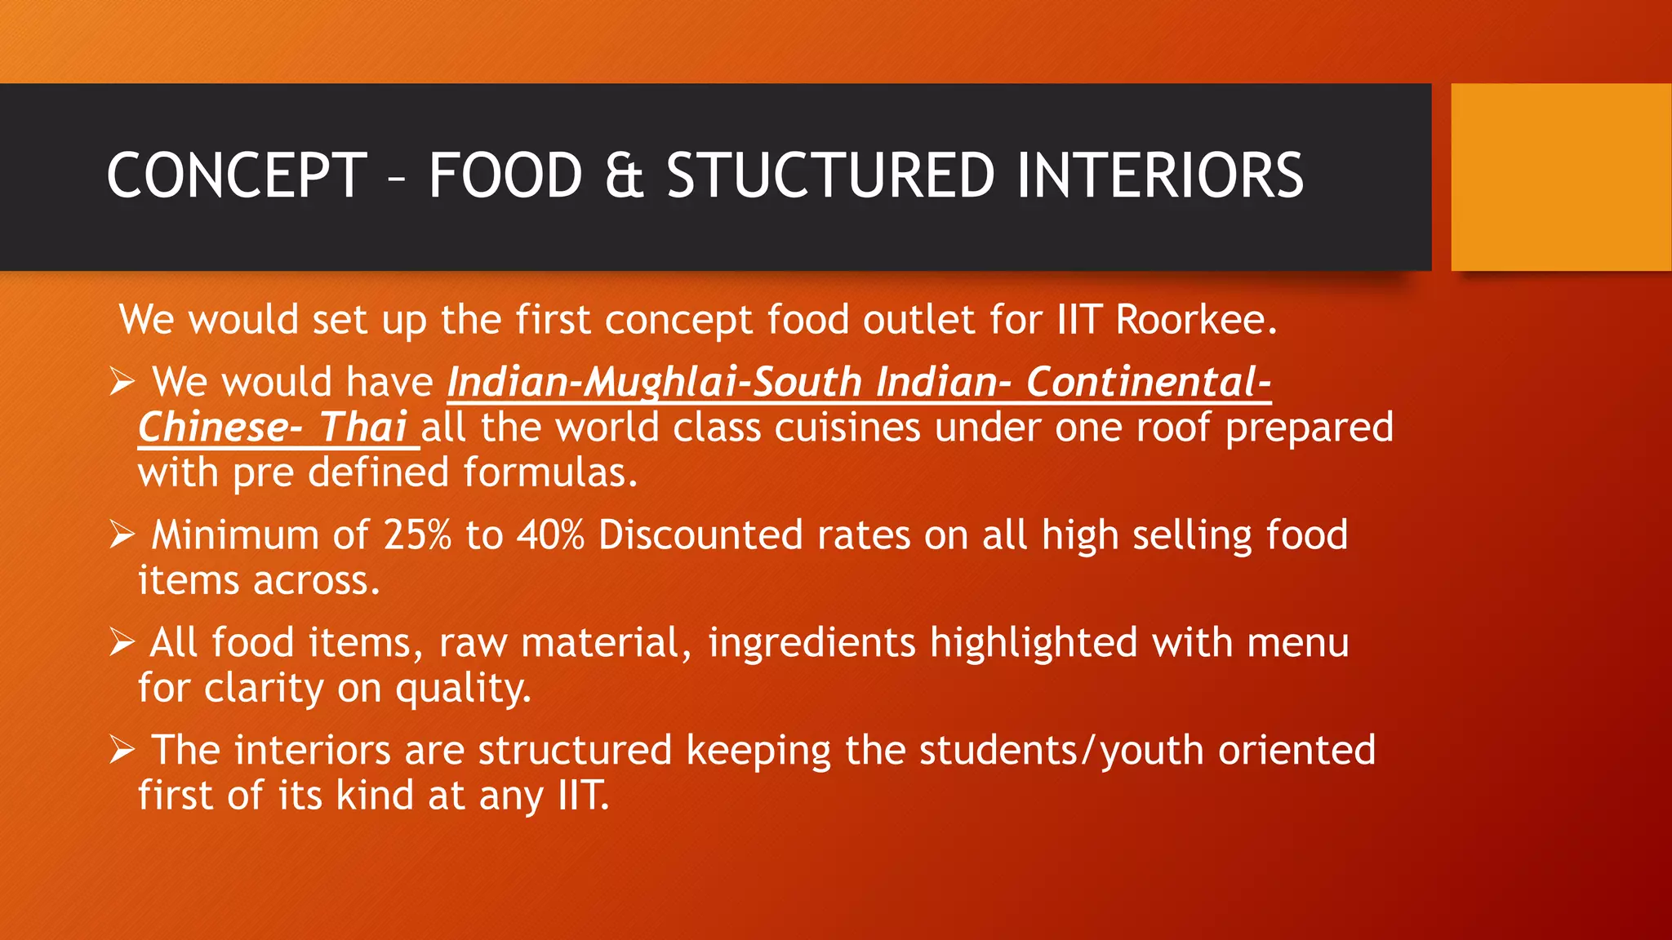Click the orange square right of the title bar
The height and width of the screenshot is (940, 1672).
(1561, 177)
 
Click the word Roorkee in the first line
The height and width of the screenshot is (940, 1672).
(1196, 319)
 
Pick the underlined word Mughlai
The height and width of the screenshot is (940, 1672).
(665, 382)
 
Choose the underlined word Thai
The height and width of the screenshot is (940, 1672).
(362, 428)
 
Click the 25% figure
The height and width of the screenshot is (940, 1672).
(417, 535)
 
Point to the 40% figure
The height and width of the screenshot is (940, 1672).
(550, 535)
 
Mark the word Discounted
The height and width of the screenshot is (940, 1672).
(700, 535)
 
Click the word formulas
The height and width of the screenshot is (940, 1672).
(550, 473)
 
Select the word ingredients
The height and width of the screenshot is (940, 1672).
(812, 643)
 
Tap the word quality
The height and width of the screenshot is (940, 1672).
(463, 689)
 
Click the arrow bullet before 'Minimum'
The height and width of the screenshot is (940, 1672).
(122, 535)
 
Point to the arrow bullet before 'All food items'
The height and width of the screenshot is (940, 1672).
(122, 643)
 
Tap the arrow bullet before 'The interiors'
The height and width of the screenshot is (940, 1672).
(122, 751)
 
